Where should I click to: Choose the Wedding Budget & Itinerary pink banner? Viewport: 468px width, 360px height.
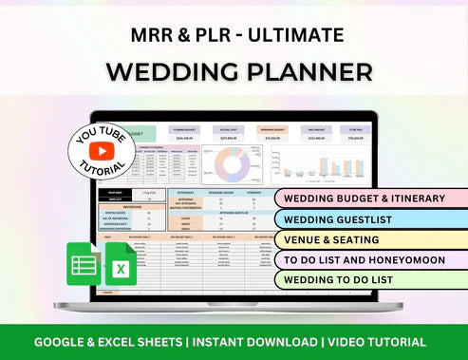365,198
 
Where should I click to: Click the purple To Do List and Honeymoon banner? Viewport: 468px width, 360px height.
365,259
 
